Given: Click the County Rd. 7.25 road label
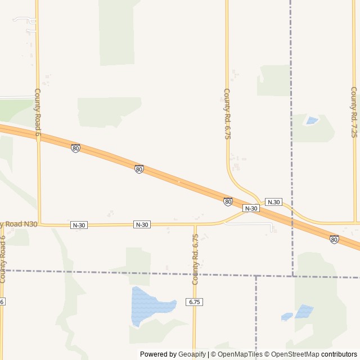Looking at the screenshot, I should pyautogui.click(x=354, y=112).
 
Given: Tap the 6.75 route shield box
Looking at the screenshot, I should pyautogui.click(x=195, y=302).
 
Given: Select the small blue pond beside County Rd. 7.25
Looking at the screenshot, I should pyautogui.click(x=311, y=120).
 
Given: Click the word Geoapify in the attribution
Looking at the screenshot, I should pyautogui.click(x=192, y=354).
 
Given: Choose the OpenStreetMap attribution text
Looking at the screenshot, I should pyautogui.click(x=292, y=354).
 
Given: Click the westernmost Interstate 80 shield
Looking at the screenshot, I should pyautogui.click(x=75, y=148).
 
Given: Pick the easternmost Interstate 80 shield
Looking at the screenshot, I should pyautogui.click(x=334, y=239).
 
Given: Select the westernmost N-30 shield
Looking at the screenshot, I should pyautogui.click(x=79, y=225).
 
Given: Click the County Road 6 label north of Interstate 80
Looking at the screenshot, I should pyautogui.click(x=38, y=112).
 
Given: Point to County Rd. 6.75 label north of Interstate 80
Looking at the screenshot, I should pyautogui.click(x=227, y=114).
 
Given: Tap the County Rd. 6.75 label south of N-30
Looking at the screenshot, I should pyautogui.click(x=196, y=259).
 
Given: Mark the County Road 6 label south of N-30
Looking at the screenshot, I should pyautogui.click(x=3, y=259).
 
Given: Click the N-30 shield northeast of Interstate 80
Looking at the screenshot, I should pyautogui.click(x=273, y=202).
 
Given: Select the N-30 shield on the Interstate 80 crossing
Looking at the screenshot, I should pyautogui.click(x=251, y=208).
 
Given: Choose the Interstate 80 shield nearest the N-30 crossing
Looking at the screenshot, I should pyautogui.click(x=228, y=201).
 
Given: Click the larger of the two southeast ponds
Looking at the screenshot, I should pyautogui.click(x=304, y=310).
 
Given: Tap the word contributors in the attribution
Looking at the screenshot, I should pyautogui.click(x=339, y=354).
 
